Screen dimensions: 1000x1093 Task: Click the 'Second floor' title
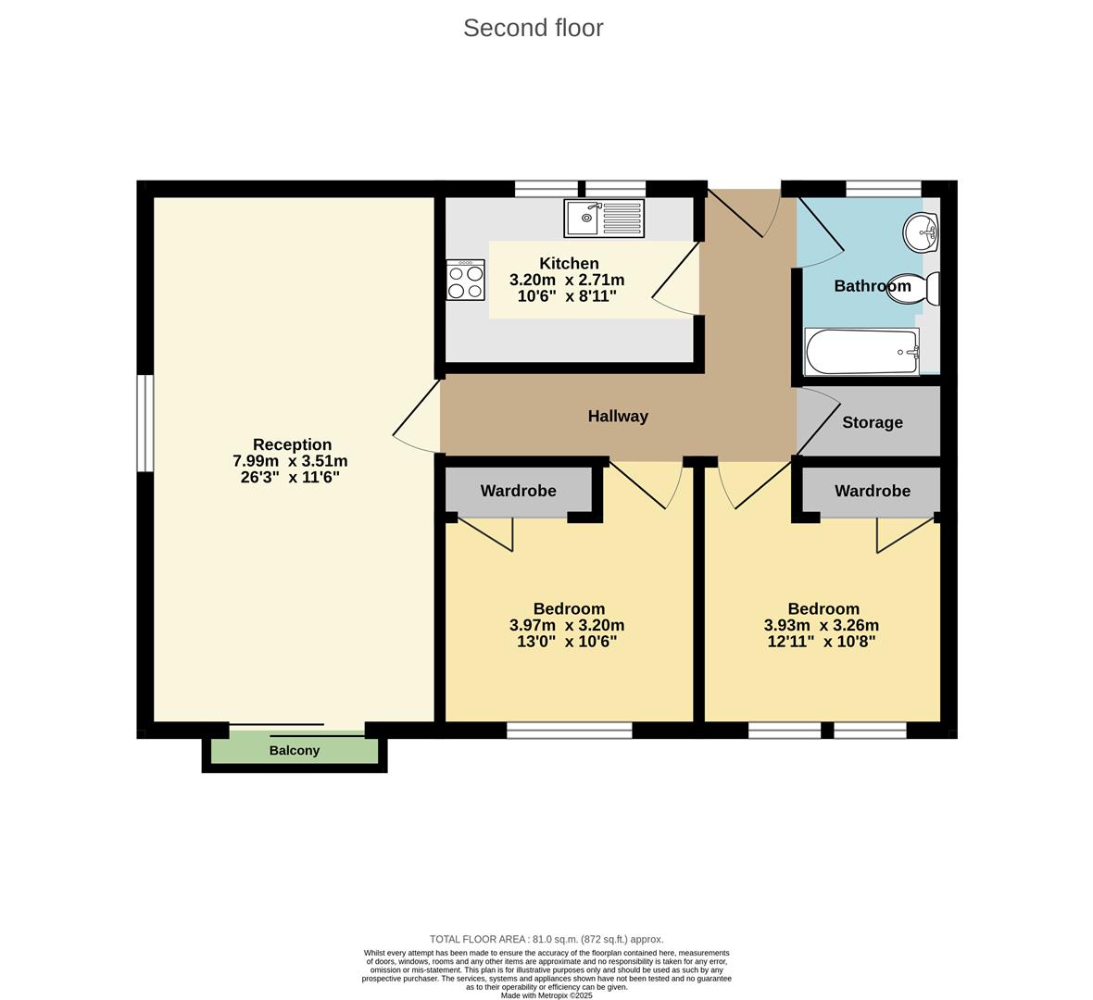[x=533, y=28]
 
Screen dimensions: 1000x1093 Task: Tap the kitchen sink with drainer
[x=603, y=219]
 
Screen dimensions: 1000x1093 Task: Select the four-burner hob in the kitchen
[x=465, y=280]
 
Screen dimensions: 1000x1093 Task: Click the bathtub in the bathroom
[x=861, y=352]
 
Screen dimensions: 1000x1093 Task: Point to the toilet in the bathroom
[x=915, y=288]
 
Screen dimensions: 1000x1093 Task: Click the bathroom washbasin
[x=922, y=231]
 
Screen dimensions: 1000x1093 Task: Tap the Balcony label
[x=295, y=750]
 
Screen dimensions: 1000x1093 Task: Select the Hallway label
[x=618, y=417]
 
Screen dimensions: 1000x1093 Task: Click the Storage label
[x=872, y=422]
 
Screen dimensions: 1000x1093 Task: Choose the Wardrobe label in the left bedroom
[x=518, y=491]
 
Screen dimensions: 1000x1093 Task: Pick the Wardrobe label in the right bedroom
[x=872, y=491]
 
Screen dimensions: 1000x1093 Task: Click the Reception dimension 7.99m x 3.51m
[x=290, y=461]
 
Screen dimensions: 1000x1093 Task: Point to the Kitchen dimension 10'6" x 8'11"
[x=567, y=296]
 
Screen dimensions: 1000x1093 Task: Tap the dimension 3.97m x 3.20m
[x=567, y=625]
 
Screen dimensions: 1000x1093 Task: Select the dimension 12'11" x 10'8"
[x=822, y=641]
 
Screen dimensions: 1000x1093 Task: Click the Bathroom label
[x=872, y=286]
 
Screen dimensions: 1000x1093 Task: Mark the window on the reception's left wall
[x=144, y=422]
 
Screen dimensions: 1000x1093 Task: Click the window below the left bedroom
[x=569, y=731]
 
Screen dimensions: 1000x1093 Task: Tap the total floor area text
[x=546, y=939]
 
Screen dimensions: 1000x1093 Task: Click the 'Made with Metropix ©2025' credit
[x=546, y=995]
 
